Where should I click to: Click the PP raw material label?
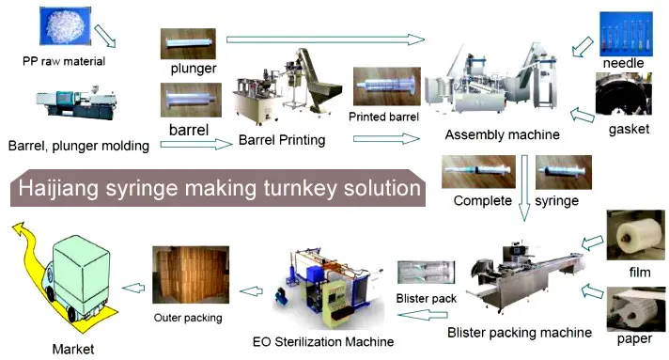[64, 62]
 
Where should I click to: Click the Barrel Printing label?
[282, 140]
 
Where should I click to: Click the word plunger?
[194, 69]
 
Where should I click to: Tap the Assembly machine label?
[503, 134]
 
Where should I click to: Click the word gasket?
[629, 129]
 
